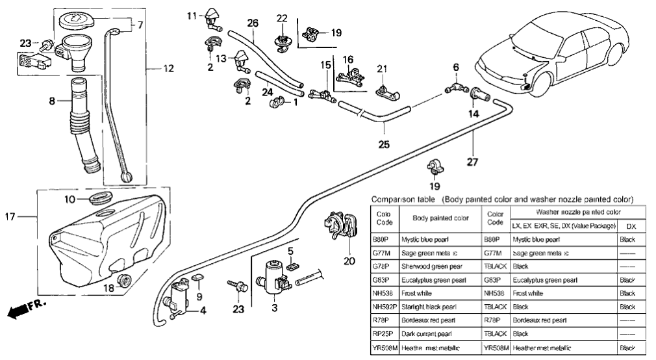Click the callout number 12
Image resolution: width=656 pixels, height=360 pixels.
coord(151,68)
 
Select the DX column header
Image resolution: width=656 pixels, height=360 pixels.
coord(630,227)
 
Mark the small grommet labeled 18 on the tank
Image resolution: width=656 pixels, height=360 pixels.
coord(126,281)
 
